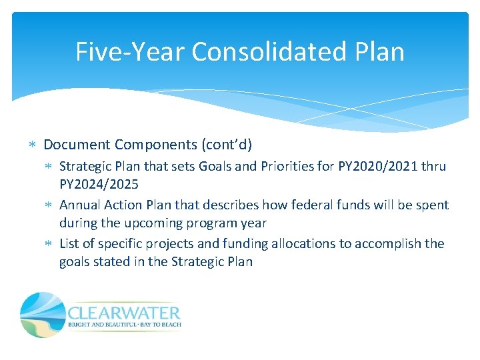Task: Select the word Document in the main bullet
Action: [77, 145]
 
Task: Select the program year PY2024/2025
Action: [99, 183]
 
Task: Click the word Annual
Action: [80, 205]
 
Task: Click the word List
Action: [71, 243]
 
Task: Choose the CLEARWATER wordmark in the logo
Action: [123, 313]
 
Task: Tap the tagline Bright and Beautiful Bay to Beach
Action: [124, 325]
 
